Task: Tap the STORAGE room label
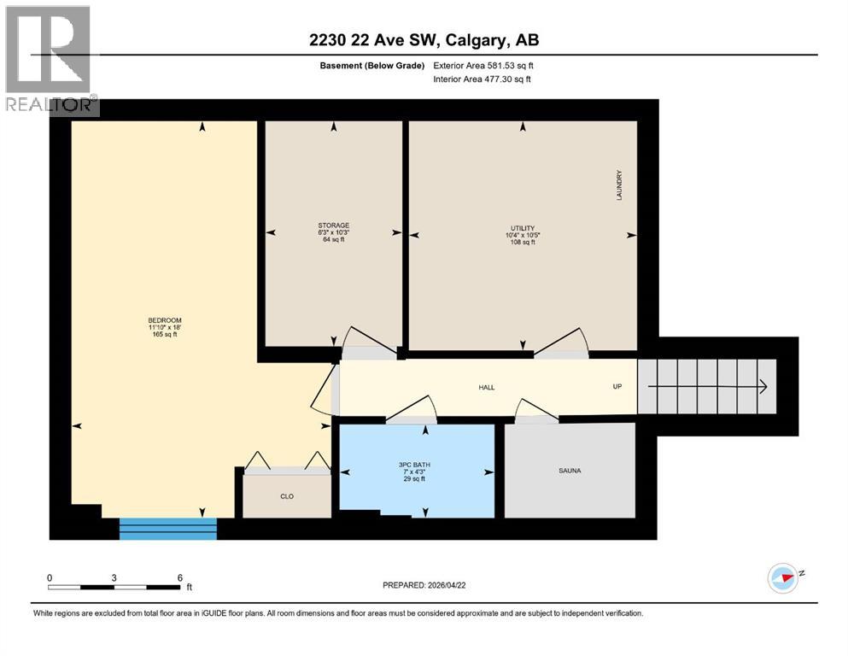(333, 225)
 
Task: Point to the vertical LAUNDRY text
(620, 184)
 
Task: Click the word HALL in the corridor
(486, 387)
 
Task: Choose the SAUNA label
(570, 471)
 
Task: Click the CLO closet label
(287, 496)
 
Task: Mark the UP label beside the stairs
(617, 386)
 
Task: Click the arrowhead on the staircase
(762, 386)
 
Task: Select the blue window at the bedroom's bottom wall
(168, 529)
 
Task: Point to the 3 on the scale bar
(114, 577)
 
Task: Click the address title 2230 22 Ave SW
(424, 39)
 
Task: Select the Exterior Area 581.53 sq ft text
(486, 66)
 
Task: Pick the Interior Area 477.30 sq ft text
(486, 79)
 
